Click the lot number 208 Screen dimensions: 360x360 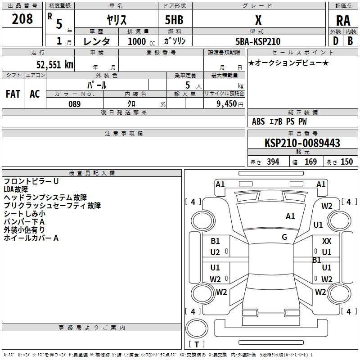coord(22,19)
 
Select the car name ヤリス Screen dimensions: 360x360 coord(116,20)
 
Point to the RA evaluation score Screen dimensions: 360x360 coord(342,20)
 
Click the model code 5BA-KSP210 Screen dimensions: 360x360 coord(258,41)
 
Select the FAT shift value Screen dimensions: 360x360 coord(13,94)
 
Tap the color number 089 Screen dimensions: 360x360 coord(74,103)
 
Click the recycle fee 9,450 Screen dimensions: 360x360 coord(226,104)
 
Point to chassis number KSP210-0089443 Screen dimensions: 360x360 coord(302,143)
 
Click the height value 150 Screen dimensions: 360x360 coord(346,162)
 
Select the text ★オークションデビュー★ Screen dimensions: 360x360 coord(288,63)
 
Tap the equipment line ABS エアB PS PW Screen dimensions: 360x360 coord(279,121)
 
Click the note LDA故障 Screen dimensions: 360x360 coord(16,189)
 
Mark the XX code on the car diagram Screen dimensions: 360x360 coord(327,241)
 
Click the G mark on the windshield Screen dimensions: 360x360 coord(284,237)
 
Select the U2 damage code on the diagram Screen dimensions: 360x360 coord(215,252)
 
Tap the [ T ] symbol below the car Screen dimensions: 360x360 coord(196,345)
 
